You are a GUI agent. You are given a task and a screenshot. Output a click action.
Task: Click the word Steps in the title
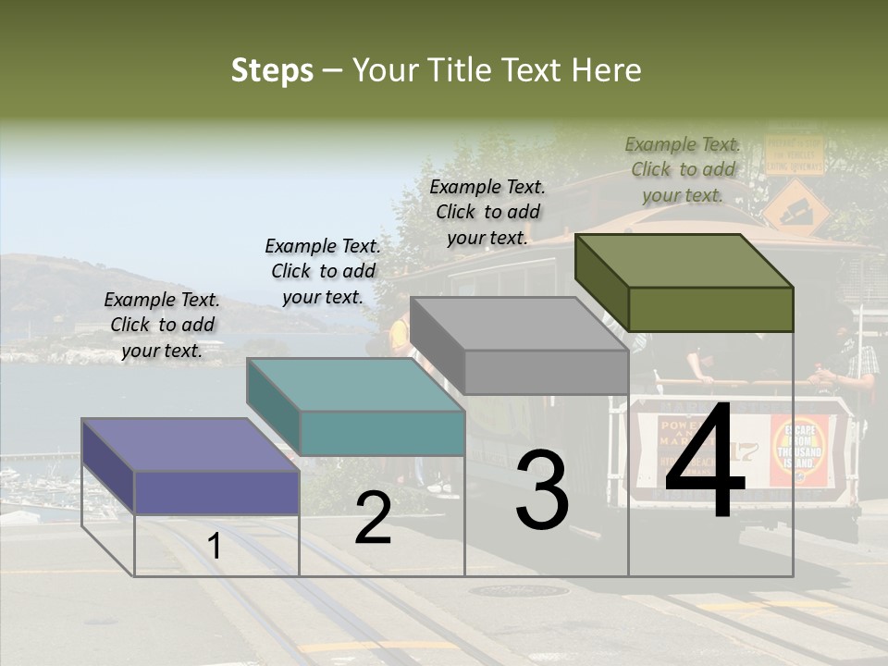click(272, 70)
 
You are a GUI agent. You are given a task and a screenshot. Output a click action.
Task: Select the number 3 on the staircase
click(542, 489)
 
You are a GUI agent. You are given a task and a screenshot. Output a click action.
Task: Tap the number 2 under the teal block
click(373, 518)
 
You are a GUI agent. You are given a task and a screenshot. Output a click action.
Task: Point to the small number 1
click(215, 547)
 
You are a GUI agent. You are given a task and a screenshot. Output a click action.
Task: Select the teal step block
click(381, 431)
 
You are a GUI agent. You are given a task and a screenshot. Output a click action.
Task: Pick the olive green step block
click(709, 307)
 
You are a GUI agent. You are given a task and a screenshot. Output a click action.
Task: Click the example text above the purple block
click(162, 325)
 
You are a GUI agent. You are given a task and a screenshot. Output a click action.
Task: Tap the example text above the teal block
click(323, 271)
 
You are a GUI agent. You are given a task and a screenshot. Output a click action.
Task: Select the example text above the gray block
click(487, 212)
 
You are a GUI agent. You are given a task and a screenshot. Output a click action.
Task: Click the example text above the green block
click(683, 169)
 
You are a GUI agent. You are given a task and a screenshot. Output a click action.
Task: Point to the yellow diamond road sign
click(795, 206)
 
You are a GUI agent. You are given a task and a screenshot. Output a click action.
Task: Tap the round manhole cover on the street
click(518, 590)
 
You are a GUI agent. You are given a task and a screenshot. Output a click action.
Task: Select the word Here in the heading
click(606, 70)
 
